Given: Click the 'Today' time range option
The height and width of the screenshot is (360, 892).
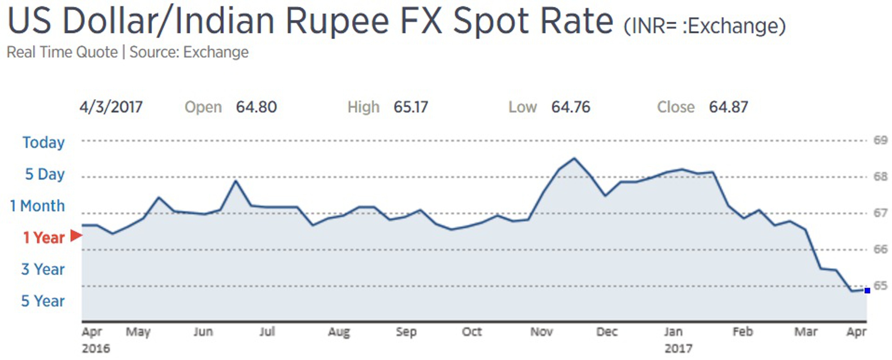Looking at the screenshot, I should coord(44,142).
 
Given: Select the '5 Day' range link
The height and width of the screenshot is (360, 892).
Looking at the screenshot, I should coord(45,174).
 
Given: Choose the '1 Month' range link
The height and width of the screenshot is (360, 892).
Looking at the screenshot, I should coord(37,206).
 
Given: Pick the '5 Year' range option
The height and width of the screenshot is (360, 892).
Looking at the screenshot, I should coord(43,301).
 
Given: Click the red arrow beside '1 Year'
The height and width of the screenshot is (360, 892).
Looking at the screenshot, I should coord(76,236).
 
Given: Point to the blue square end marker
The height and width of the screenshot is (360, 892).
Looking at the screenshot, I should coord(867,290).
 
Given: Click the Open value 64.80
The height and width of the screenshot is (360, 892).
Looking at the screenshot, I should coord(256,107).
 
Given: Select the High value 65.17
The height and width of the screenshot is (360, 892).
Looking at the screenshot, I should coord(411,107).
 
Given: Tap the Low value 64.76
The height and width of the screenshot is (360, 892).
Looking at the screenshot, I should coord(571,107).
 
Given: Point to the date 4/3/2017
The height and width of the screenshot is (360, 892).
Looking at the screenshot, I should coord(111,107).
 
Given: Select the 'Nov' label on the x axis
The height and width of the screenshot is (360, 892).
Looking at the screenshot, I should coord(542,332).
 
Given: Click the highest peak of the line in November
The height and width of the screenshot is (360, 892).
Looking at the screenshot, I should coord(574,159).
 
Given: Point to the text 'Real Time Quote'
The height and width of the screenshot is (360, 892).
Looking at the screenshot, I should coord(62,52).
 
